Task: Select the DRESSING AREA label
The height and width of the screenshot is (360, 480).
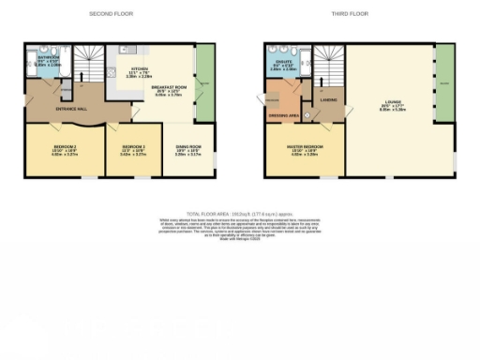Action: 285,116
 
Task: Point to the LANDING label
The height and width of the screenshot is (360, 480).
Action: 328,97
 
